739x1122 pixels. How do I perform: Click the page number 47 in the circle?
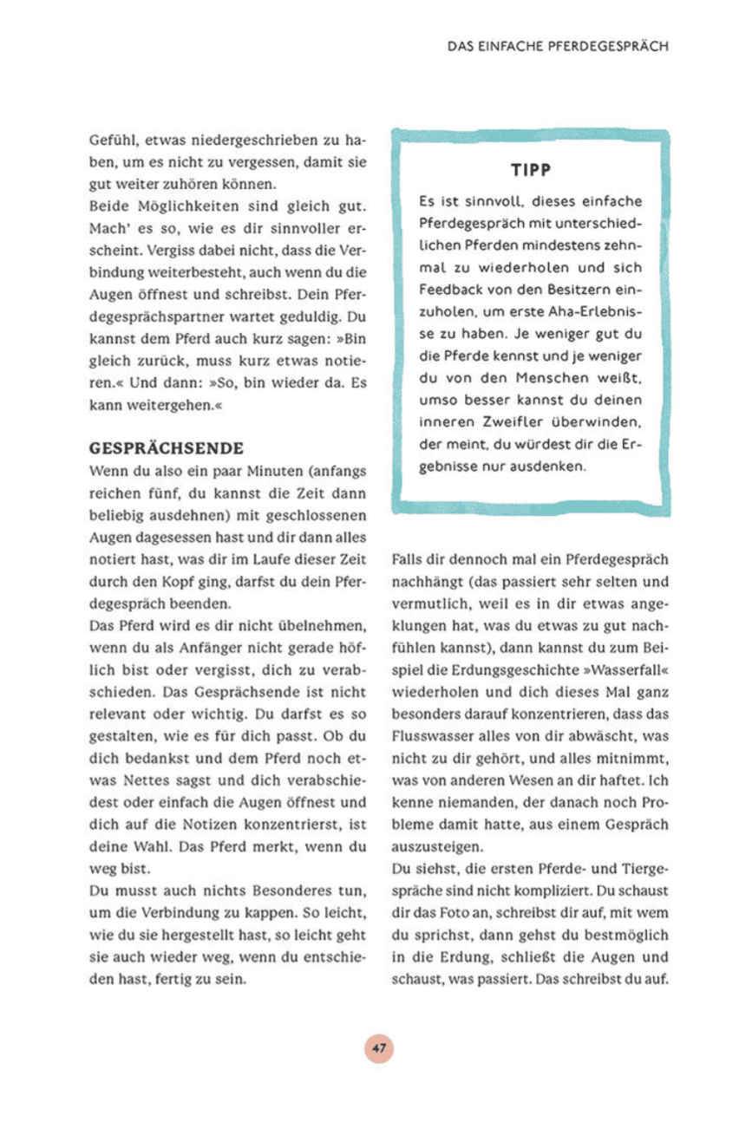pyautogui.click(x=378, y=1047)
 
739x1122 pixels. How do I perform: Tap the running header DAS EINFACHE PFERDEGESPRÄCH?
pyautogui.click(x=558, y=47)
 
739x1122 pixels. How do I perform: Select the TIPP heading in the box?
pyautogui.click(x=532, y=170)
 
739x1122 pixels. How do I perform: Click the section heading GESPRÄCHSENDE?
pyautogui.click(x=167, y=449)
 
